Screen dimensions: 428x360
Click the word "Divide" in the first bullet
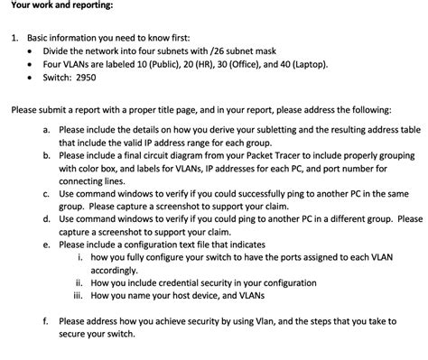pos(57,52)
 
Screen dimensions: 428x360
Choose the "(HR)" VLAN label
pos(210,65)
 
